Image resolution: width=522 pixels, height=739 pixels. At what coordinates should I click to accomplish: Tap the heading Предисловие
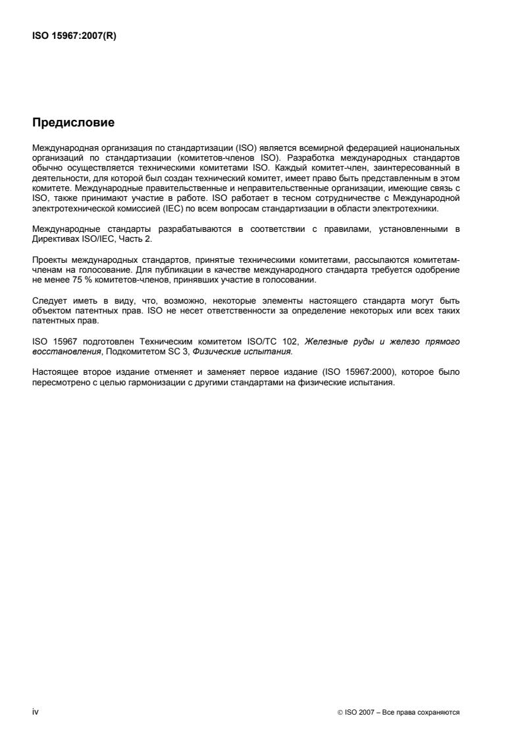click(x=73, y=122)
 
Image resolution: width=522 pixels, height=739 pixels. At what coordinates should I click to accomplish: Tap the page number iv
click(x=36, y=711)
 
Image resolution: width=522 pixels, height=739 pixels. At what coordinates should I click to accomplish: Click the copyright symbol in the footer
click(x=338, y=712)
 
